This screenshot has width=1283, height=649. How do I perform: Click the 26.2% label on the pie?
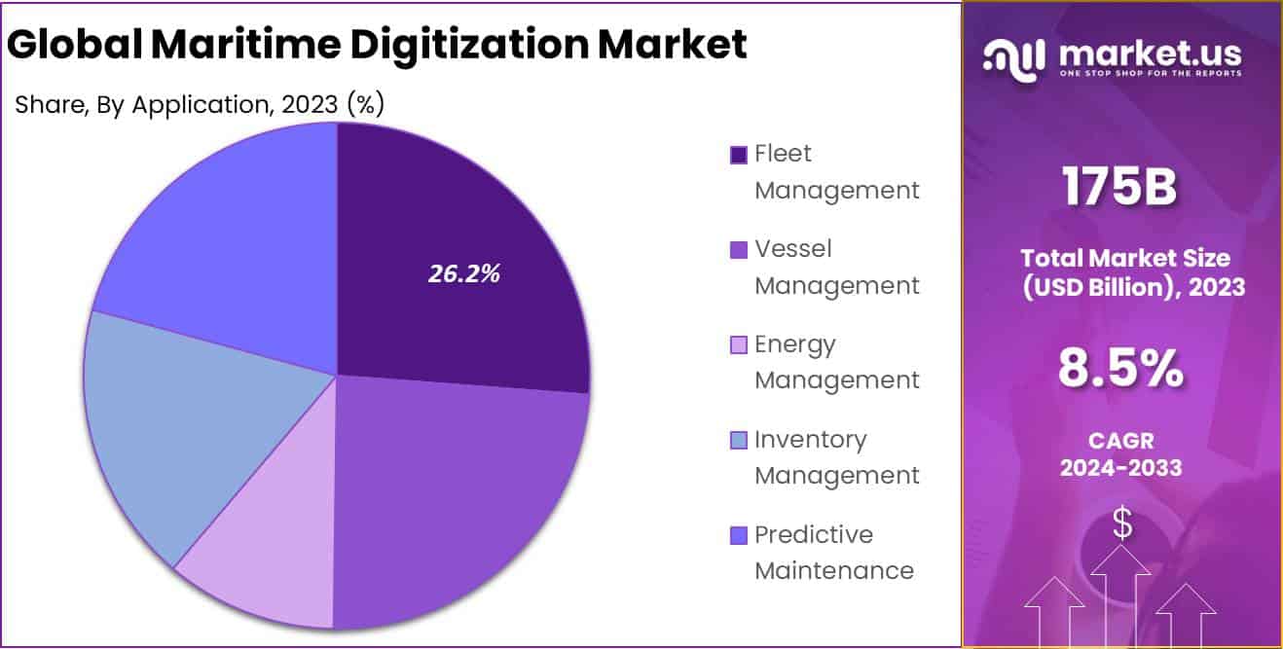(x=463, y=274)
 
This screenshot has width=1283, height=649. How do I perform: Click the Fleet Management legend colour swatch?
(x=739, y=155)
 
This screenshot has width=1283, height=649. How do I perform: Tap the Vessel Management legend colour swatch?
(x=739, y=250)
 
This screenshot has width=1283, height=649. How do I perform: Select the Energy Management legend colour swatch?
(x=739, y=345)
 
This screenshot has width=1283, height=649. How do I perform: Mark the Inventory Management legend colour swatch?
(x=739, y=441)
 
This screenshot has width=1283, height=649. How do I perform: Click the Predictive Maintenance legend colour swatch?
(x=739, y=536)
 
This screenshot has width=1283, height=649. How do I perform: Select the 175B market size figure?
(x=1119, y=187)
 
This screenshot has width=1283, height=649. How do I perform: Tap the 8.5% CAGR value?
(x=1120, y=369)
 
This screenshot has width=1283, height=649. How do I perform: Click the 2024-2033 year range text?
(x=1120, y=468)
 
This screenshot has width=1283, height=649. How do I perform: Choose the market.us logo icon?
(x=1014, y=58)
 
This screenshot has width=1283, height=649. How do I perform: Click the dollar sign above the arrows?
(x=1122, y=524)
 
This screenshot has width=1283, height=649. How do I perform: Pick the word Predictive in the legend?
(x=814, y=535)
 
